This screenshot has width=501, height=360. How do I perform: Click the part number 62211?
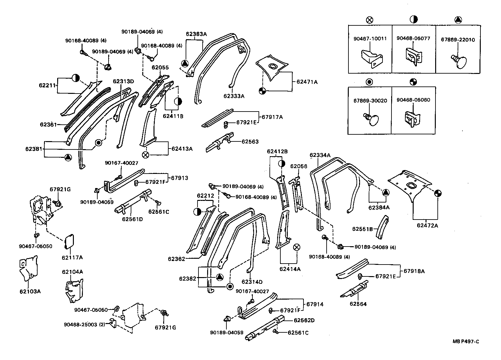48,85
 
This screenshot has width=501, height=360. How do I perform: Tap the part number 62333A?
234,96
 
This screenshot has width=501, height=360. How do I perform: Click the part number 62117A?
72,257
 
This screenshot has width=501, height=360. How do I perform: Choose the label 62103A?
30,292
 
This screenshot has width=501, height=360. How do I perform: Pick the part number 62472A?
427,225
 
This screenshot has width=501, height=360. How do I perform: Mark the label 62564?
358,304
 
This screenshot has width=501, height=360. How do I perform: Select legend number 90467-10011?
370,39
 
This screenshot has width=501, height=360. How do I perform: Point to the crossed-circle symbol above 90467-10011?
370,20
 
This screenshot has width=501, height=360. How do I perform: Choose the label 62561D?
132,219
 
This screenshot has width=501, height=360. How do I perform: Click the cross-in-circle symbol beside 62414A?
297,247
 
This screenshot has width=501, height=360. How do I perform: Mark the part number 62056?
299,166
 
